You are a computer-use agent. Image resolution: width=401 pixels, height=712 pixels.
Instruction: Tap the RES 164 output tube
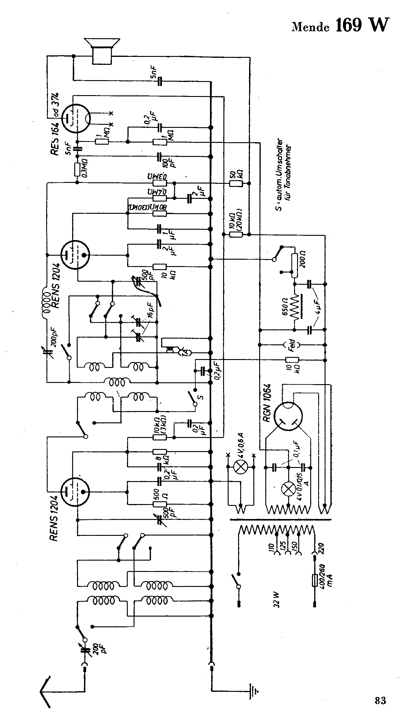coord(76,118)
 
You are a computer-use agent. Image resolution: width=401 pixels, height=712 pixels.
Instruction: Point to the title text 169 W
coord(362,25)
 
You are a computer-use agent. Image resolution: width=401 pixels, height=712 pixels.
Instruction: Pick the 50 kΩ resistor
coord(236,184)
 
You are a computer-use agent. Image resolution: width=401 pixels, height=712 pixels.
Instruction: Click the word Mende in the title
coord(311,28)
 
